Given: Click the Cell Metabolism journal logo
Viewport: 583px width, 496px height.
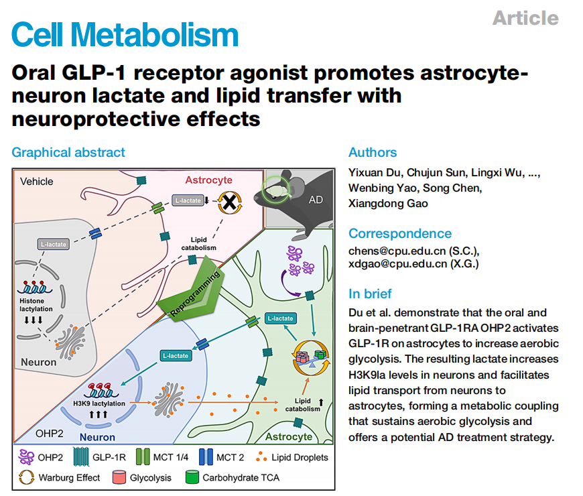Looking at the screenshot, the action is [125, 34].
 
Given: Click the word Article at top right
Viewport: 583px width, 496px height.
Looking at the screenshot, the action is [525, 18].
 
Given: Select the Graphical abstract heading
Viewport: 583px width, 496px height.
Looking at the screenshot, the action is [68, 152].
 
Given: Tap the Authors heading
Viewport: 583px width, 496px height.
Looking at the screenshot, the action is [373, 152].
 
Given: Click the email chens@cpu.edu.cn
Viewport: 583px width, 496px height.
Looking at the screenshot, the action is [397, 251].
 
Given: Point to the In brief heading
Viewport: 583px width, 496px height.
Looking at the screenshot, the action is [370, 294].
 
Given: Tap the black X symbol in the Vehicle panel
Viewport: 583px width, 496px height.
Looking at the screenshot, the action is [230, 202].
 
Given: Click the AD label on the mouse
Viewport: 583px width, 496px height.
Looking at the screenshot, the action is [316, 200].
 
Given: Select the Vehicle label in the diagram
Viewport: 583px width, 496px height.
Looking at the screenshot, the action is [36, 182].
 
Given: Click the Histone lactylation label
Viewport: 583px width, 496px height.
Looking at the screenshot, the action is [36, 305].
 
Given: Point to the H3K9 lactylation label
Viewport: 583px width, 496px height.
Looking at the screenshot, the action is [99, 404].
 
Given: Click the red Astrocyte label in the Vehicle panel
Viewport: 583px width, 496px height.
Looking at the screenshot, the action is [208, 180].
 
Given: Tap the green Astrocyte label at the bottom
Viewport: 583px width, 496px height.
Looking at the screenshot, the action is [289, 436].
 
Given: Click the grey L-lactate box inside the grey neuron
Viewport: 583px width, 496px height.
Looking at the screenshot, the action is [53, 244].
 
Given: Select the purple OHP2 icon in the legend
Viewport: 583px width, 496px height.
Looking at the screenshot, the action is [26, 457].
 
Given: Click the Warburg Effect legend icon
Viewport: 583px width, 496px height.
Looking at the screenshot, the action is [26, 477].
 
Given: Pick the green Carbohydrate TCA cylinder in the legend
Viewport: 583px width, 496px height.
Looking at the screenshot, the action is [192, 477].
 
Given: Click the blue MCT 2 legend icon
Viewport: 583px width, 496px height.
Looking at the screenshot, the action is [206, 457].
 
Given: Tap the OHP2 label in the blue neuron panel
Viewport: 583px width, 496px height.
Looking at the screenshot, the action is [49, 434].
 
